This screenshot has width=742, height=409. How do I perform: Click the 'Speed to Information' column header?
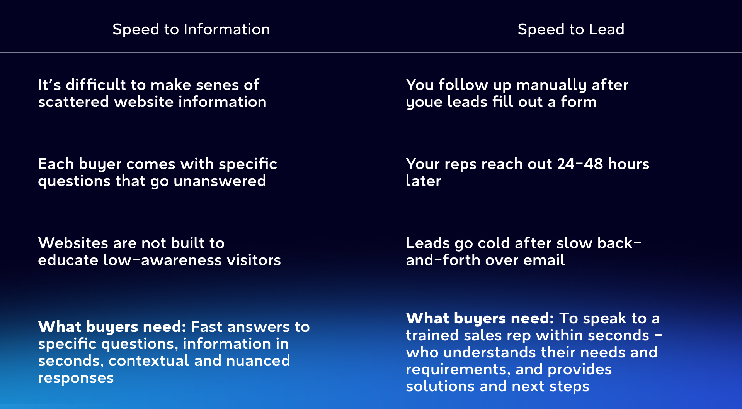click(x=191, y=29)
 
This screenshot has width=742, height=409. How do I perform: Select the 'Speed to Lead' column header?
click(x=571, y=29)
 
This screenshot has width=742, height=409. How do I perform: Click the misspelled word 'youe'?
click(x=424, y=102)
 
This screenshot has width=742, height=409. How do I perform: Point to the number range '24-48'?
click(x=580, y=164)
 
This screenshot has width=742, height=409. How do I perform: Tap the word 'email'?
click(x=544, y=260)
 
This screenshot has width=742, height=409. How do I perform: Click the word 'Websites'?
click(x=73, y=243)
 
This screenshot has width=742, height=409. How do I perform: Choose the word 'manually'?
click(x=551, y=85)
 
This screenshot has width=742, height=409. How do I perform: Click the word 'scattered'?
click(x=73, y=102)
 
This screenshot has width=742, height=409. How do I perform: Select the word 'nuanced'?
click(x=258, y=361)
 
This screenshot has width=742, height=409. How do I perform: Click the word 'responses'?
click(x=76, y=378)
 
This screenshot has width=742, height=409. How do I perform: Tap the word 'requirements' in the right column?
click(x=456, y=370)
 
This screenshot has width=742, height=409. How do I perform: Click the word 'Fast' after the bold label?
click(x=207, y=327)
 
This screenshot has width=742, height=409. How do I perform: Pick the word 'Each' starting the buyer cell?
click(x=56, y=164)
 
